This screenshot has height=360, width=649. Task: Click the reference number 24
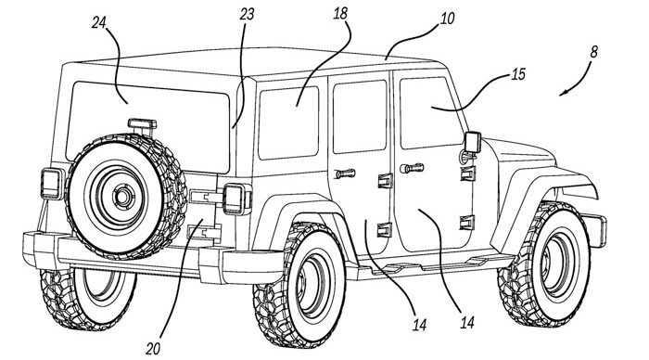pos(99,23)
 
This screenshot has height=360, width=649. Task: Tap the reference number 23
pos(247,15)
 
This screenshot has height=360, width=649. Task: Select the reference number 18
pos(340,14)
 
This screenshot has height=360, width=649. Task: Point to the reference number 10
pos(447,19)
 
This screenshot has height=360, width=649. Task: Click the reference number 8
pos(594,52)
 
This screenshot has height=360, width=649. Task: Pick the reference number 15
pos(518,74)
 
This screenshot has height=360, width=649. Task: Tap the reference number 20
pos(153,349)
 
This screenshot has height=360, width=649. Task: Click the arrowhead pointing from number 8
pos(563,94)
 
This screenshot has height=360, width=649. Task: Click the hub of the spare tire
pos(123,197)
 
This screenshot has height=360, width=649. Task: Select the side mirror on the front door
pos(473,142)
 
